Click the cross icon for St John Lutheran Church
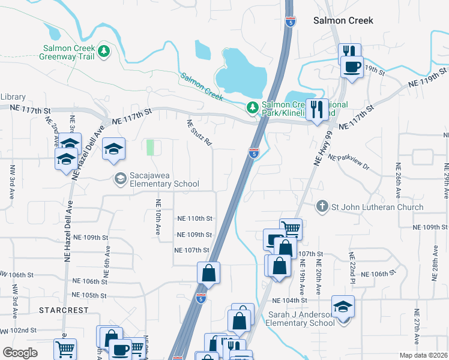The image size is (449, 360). click(x=322, y=207)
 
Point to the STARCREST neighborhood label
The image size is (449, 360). click(x=64, y=310)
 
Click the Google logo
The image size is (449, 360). click(x=20, y=353)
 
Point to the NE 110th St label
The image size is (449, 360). click(x=195, y=219)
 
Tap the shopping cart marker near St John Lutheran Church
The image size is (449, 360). click(x=291, y=229)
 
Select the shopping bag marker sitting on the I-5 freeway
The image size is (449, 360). click(x=208, y=273)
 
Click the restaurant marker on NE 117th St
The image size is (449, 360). click(x=316, y=110)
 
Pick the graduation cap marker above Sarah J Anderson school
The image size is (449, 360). click(x=343, y=307)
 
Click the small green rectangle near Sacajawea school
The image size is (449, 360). click(x=150, y=147)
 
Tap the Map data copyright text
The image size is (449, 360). click(x=423, y=355)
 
